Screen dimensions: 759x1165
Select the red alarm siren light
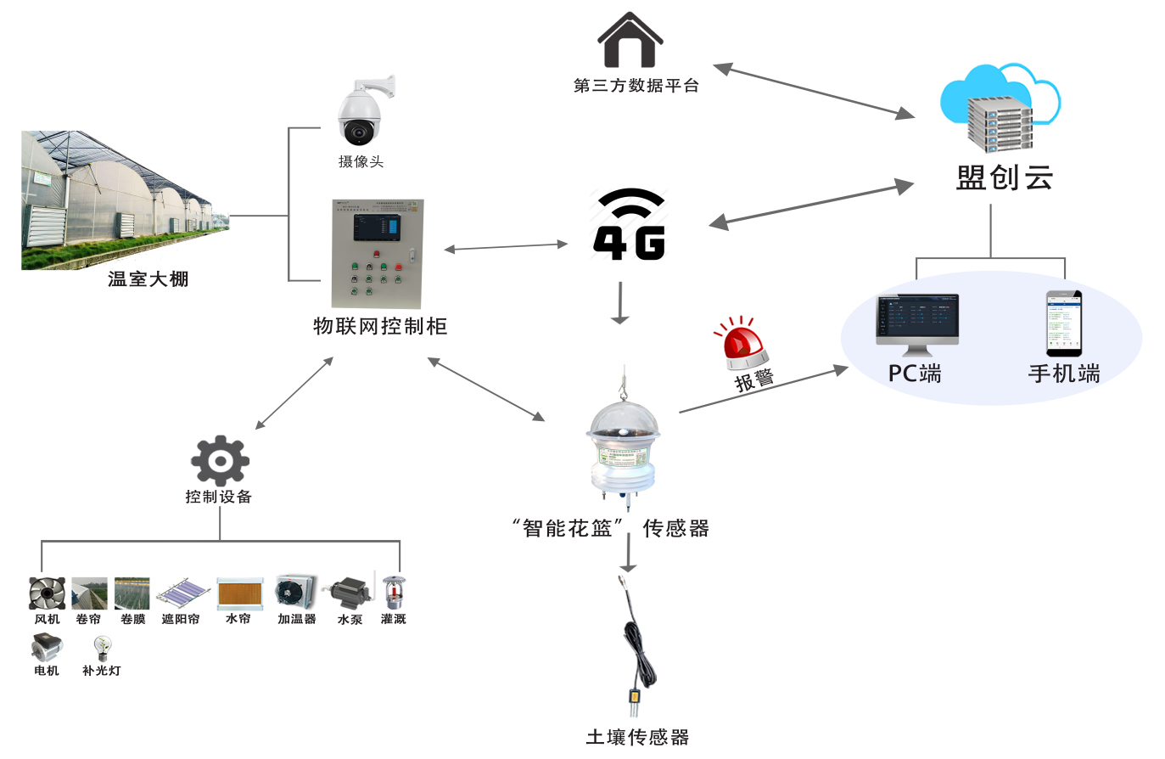click(741, 344)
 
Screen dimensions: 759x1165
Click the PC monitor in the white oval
click(916, 323)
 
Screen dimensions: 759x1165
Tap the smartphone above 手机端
click(1063, 323)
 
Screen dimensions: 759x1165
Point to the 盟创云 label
click(1005, 177)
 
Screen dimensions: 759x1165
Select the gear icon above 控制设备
click(220, 460)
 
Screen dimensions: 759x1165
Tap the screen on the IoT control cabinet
click(378, 227)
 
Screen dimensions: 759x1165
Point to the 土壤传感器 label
click(637, 737)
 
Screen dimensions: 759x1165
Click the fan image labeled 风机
click(47, 593)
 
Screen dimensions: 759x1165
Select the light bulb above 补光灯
click(103, 649)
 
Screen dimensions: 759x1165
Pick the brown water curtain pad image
click(239, 593)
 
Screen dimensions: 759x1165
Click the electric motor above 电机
click(47, 649)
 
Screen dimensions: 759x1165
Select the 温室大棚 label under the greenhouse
click(148, 278)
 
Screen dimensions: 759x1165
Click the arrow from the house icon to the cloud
click(813, 90)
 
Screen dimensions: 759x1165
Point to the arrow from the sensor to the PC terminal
click(764, 391)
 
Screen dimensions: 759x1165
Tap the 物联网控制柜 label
click(379, 326)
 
